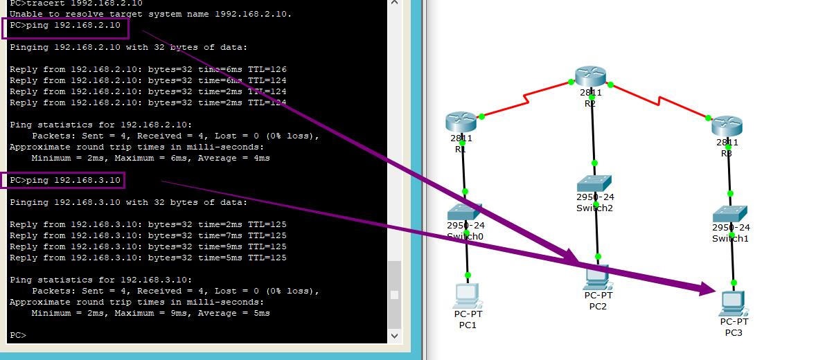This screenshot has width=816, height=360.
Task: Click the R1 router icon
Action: [461, 122]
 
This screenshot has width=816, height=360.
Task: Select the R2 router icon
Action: [590, 76]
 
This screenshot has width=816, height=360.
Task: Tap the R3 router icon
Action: [727, 126]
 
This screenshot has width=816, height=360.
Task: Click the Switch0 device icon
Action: [464, 212]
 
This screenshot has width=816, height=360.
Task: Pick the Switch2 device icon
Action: [594, 183]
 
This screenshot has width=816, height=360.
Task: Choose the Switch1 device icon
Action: [730, 213]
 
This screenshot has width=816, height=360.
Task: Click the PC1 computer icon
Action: [468, 296]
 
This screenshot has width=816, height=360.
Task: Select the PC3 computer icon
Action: [733, 303]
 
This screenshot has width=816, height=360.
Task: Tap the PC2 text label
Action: [598, 306]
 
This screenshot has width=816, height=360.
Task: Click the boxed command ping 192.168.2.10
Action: [66, 26]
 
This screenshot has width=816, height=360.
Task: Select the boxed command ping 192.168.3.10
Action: [66, 181]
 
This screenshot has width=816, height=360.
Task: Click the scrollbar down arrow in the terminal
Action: [395, 335]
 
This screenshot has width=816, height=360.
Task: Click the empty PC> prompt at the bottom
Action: [18, 336]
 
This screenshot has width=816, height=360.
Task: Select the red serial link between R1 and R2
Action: [526, 99]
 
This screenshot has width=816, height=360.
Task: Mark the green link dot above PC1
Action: [468, 276]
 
